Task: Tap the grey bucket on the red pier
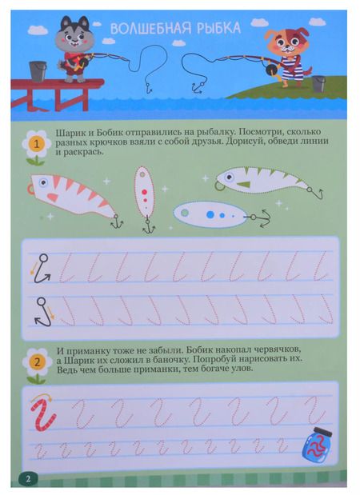pyautogui.click(x=38, y=71)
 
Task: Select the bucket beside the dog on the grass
pyautogui.click(x=318, y=83)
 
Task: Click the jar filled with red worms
pyautogui.click(x=317, y=445)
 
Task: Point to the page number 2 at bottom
pyautogui.click(x=28, y=479)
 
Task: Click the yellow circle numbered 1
pyautogui.click(x=36, y=145)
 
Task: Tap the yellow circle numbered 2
pyautogui.click(x=37, y=362)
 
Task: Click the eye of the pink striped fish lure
pyautogui.click(x=42, y=182)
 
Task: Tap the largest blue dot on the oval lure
pyautogui.click(x=210, y=214)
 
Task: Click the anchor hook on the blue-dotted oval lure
pyautogui.click(x=262, y=218)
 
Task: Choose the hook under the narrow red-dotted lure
pyautogui.click(x=149, y=226)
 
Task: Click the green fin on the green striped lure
pyautogui.click(x=243, y=184)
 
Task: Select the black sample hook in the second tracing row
pyautogui.click(x=42, y=312)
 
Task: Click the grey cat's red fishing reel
pyautogui.click(x=77, y=63)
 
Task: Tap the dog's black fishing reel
pyautogui.click(x=270, y=70)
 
